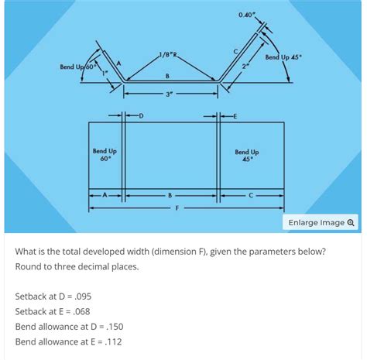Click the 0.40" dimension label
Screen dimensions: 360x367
[x=246, y=15]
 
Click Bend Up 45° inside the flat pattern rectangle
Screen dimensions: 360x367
[x=247, y=156]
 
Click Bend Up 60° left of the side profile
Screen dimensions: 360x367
[x=77, y=67]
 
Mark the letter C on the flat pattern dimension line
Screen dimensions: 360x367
[x=252, y=195]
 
